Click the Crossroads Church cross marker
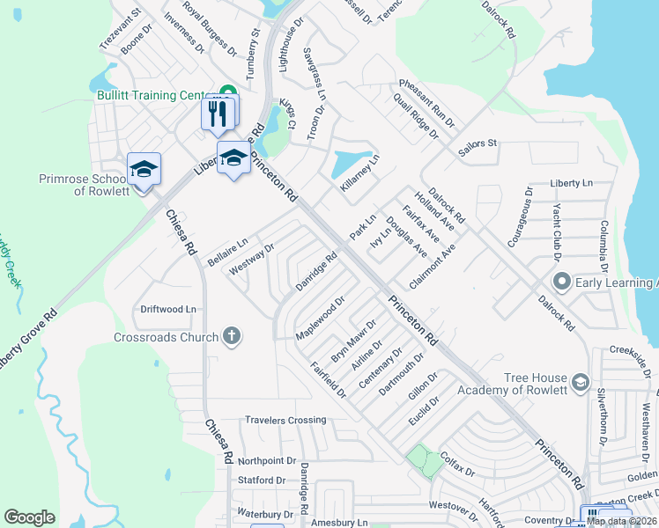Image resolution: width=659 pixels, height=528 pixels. [232, 336]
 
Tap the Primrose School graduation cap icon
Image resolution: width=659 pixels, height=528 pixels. [144, 167]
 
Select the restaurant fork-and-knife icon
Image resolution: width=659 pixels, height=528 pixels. [218, 112]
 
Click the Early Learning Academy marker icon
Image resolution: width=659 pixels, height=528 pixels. [561, 282]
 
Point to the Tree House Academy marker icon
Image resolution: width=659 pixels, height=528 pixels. [580, 381]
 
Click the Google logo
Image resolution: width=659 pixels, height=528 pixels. [29, 517]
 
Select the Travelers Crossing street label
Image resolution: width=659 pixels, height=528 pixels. [285, 420]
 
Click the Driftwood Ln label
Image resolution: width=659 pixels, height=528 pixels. [168, 309]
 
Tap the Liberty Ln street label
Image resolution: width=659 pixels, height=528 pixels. [571, 182]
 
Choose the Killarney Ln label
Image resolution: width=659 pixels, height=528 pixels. [360, 174]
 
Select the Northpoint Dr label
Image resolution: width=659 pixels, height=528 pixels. [267, 460]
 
